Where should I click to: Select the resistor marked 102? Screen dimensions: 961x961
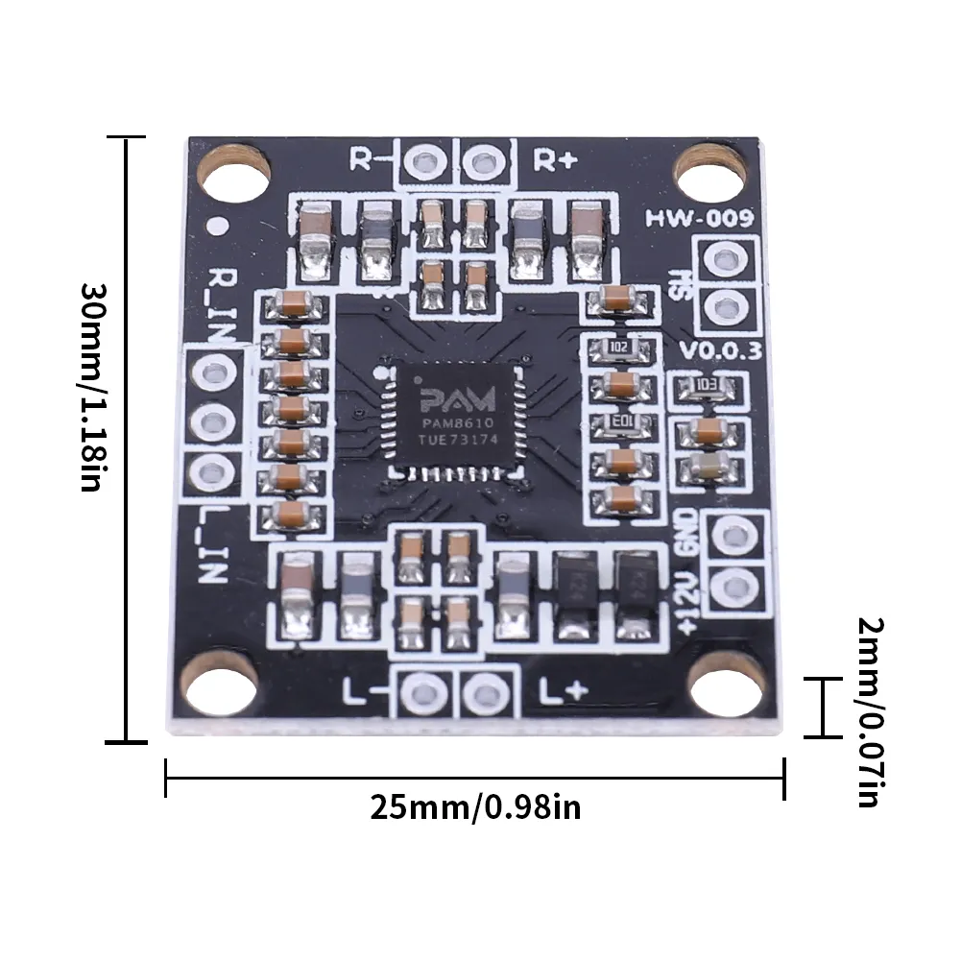pos(619,347)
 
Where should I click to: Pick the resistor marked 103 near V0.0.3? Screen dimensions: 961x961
pos(708,386)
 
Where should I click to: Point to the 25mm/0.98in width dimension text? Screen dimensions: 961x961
pos(475,807)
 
